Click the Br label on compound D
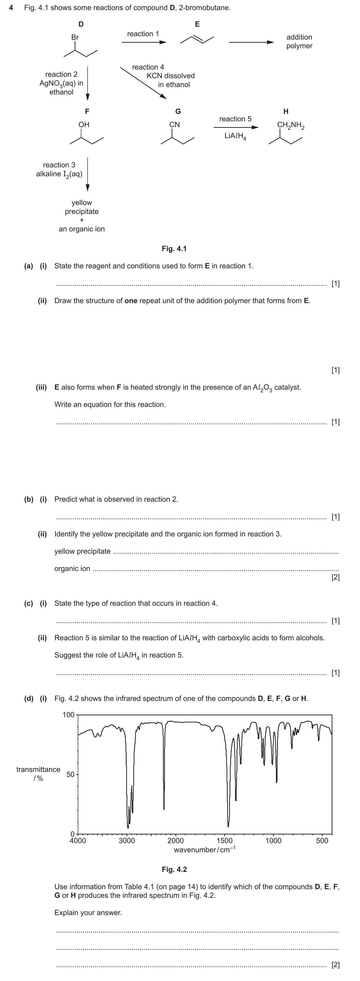[75, 37]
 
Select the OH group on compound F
[84, 124]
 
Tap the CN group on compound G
[174, 124]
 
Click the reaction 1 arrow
[144, 42]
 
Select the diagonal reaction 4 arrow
[143, 83]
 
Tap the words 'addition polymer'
[299, 41]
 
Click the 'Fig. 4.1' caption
[174, 249]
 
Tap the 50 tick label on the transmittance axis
[71, 775]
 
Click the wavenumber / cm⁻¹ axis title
[204, 850]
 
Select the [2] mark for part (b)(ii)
[335, 577]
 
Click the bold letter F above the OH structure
[87, 111]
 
